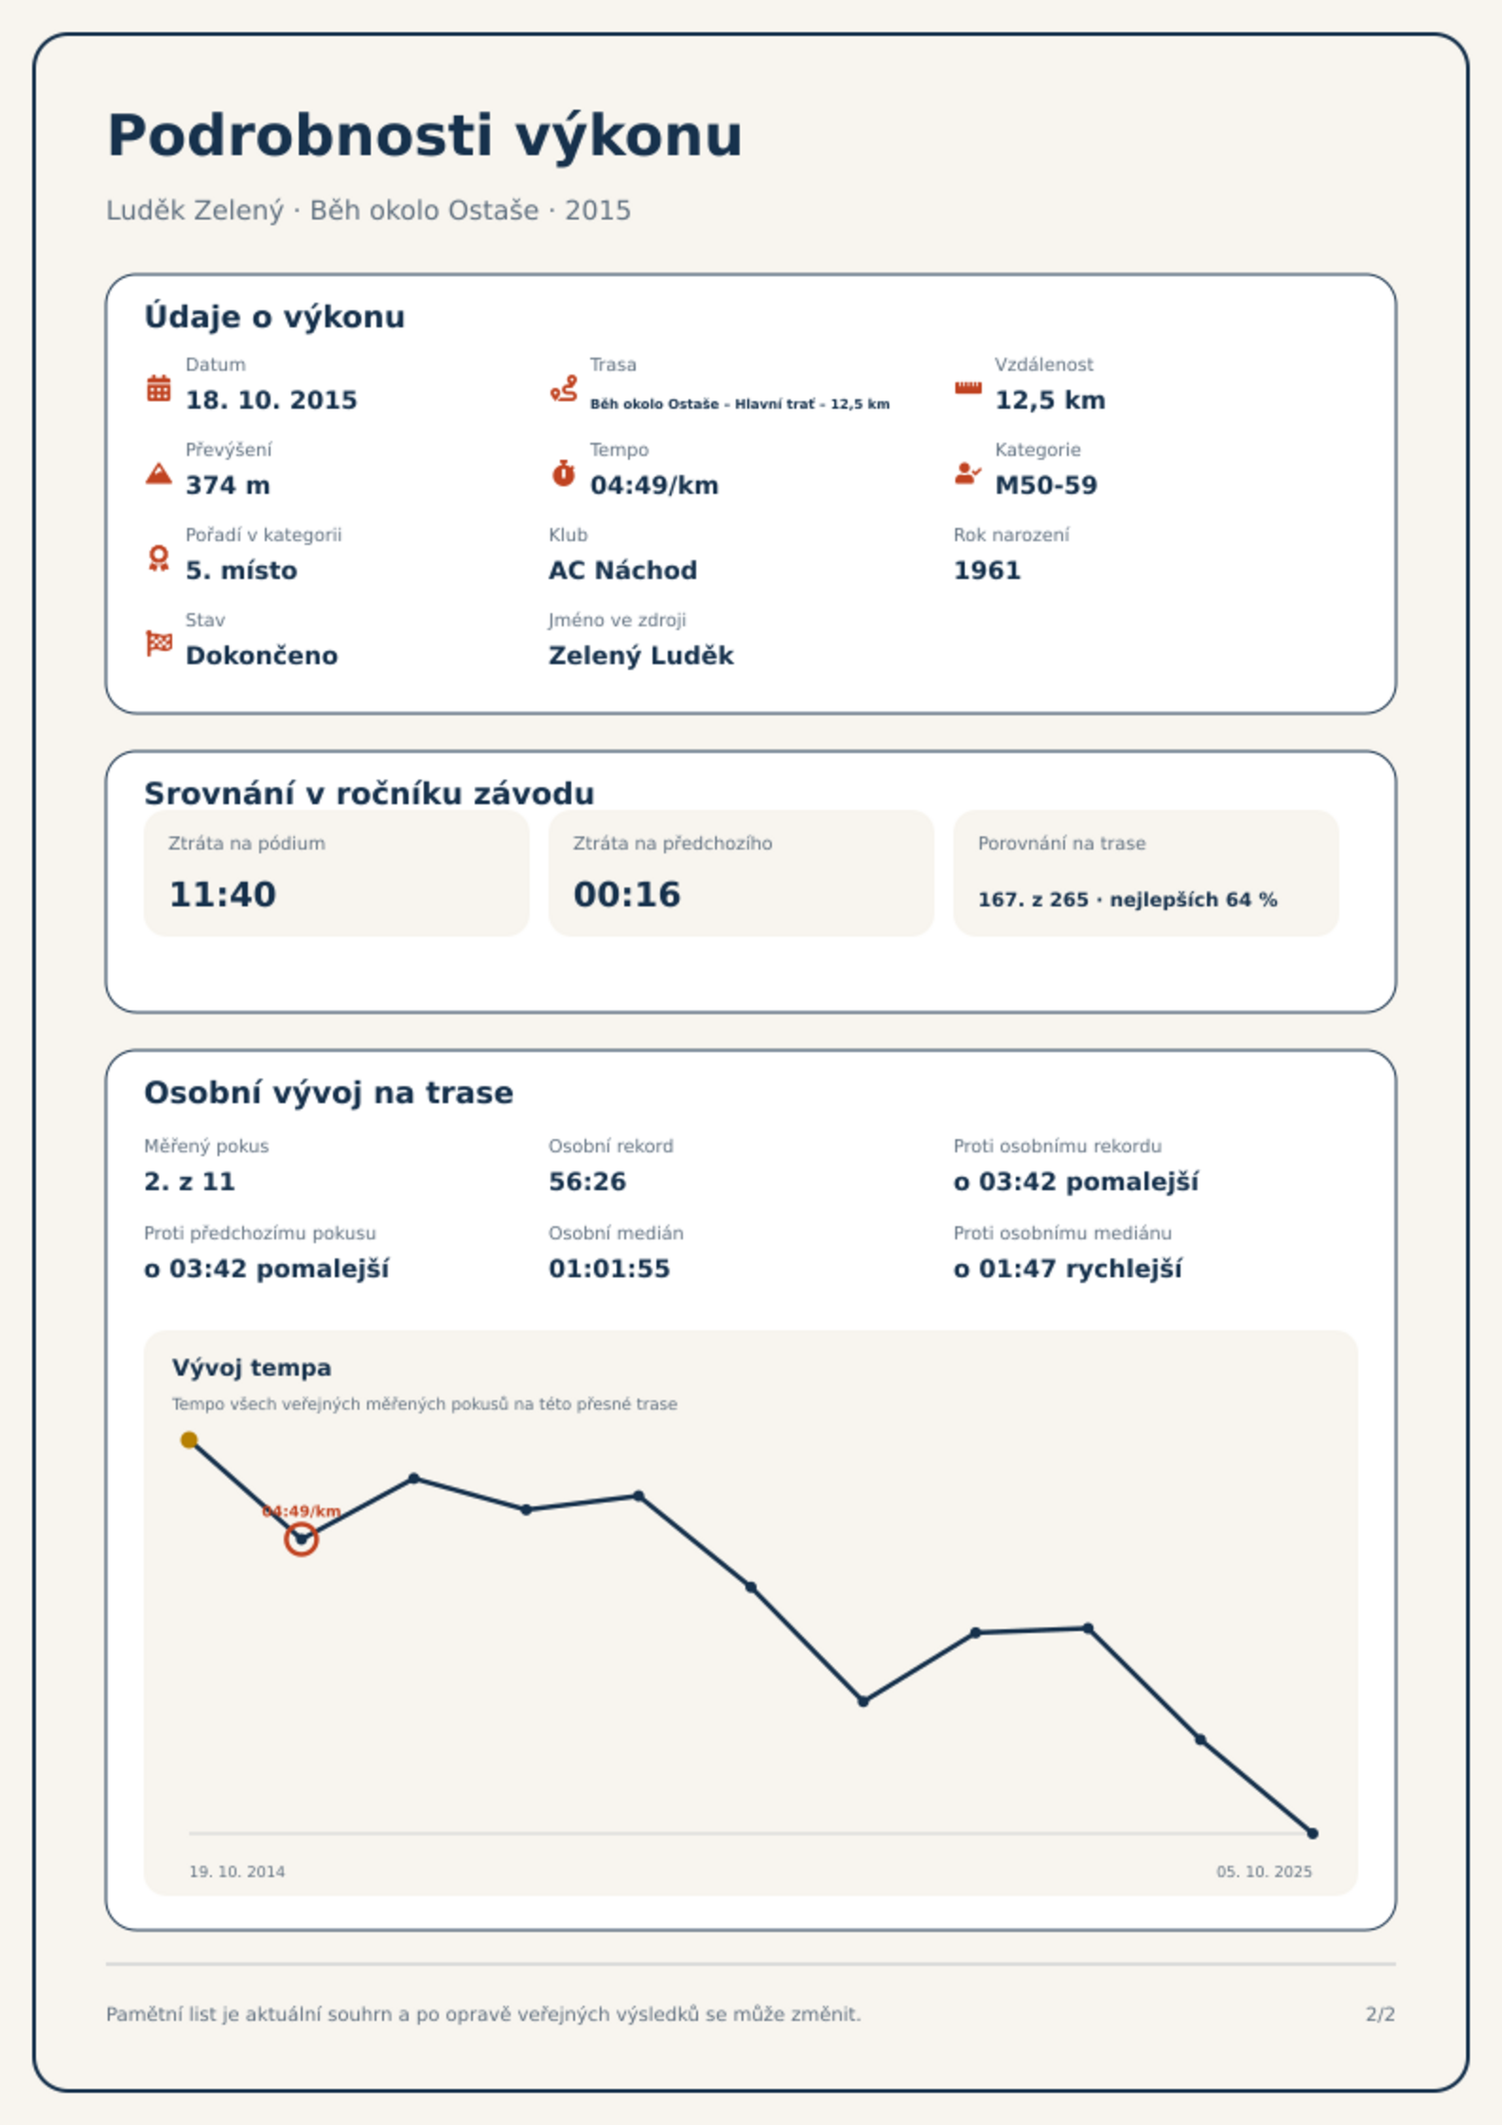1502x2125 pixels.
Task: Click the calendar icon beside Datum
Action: coord(159,388)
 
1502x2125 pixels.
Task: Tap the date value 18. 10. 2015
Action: coord(271,400)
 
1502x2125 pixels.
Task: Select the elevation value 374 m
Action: coord(228,485)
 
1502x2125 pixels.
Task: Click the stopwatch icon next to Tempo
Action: coord(563,473)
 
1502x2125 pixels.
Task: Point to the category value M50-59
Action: coord(1046,485)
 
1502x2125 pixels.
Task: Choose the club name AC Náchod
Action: coord(622,571)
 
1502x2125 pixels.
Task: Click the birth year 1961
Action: coord(987,571)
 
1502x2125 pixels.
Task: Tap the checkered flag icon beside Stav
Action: coord(159,643)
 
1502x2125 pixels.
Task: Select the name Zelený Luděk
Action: coord(641,656)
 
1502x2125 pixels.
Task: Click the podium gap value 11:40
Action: coord(222,894)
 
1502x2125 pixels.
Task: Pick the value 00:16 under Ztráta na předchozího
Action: coord(627,894)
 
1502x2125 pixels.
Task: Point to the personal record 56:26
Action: coord(587,1182)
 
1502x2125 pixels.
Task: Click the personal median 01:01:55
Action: coord(609,1269)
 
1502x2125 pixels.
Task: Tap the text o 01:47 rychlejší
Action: coord(1068,1269)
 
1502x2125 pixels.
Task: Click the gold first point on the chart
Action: coord(189,1440)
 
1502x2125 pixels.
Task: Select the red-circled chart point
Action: coord(301,1539)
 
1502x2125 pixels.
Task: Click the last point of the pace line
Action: coord(1313,1834)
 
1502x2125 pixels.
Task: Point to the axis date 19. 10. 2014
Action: coord(236,1871)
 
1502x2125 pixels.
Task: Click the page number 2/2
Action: coord(1380,2014)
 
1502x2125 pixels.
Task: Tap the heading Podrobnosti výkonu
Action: coord(425,135)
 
